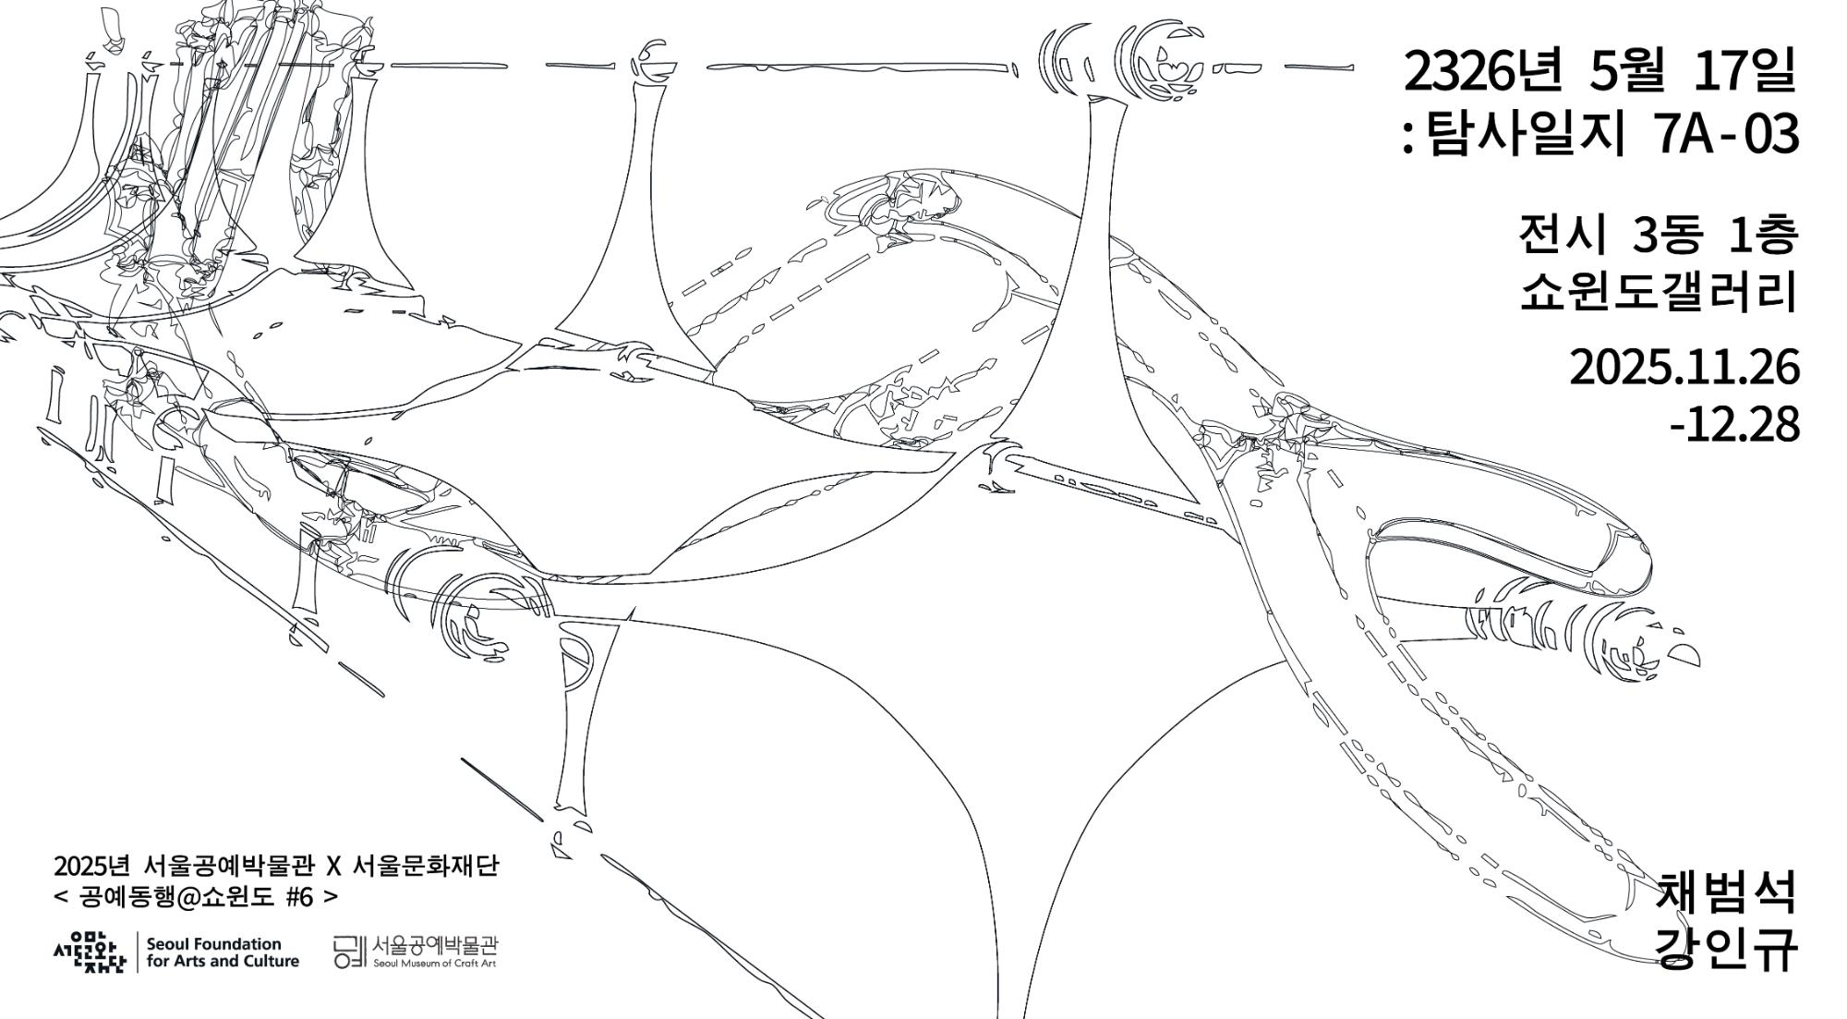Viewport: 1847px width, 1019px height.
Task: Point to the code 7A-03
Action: (x=1726, y=135)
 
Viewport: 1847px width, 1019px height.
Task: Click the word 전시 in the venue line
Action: (x=1562, y=236)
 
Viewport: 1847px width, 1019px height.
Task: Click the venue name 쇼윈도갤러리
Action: (x=1660, y=292)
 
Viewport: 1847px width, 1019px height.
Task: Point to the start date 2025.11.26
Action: (x=1684, y=369)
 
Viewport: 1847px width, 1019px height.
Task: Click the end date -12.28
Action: (x=1734, y=425)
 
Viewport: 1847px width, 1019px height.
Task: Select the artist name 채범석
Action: (x=1728, y=893)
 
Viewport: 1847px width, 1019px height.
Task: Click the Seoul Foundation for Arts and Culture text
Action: (x=223, y=952)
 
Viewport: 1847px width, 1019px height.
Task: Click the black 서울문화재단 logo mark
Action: (x=89, y=952)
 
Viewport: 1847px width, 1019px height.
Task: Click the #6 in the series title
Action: (x=300, y=897)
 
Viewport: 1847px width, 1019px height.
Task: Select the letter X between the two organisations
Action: (x=335, y=867)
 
